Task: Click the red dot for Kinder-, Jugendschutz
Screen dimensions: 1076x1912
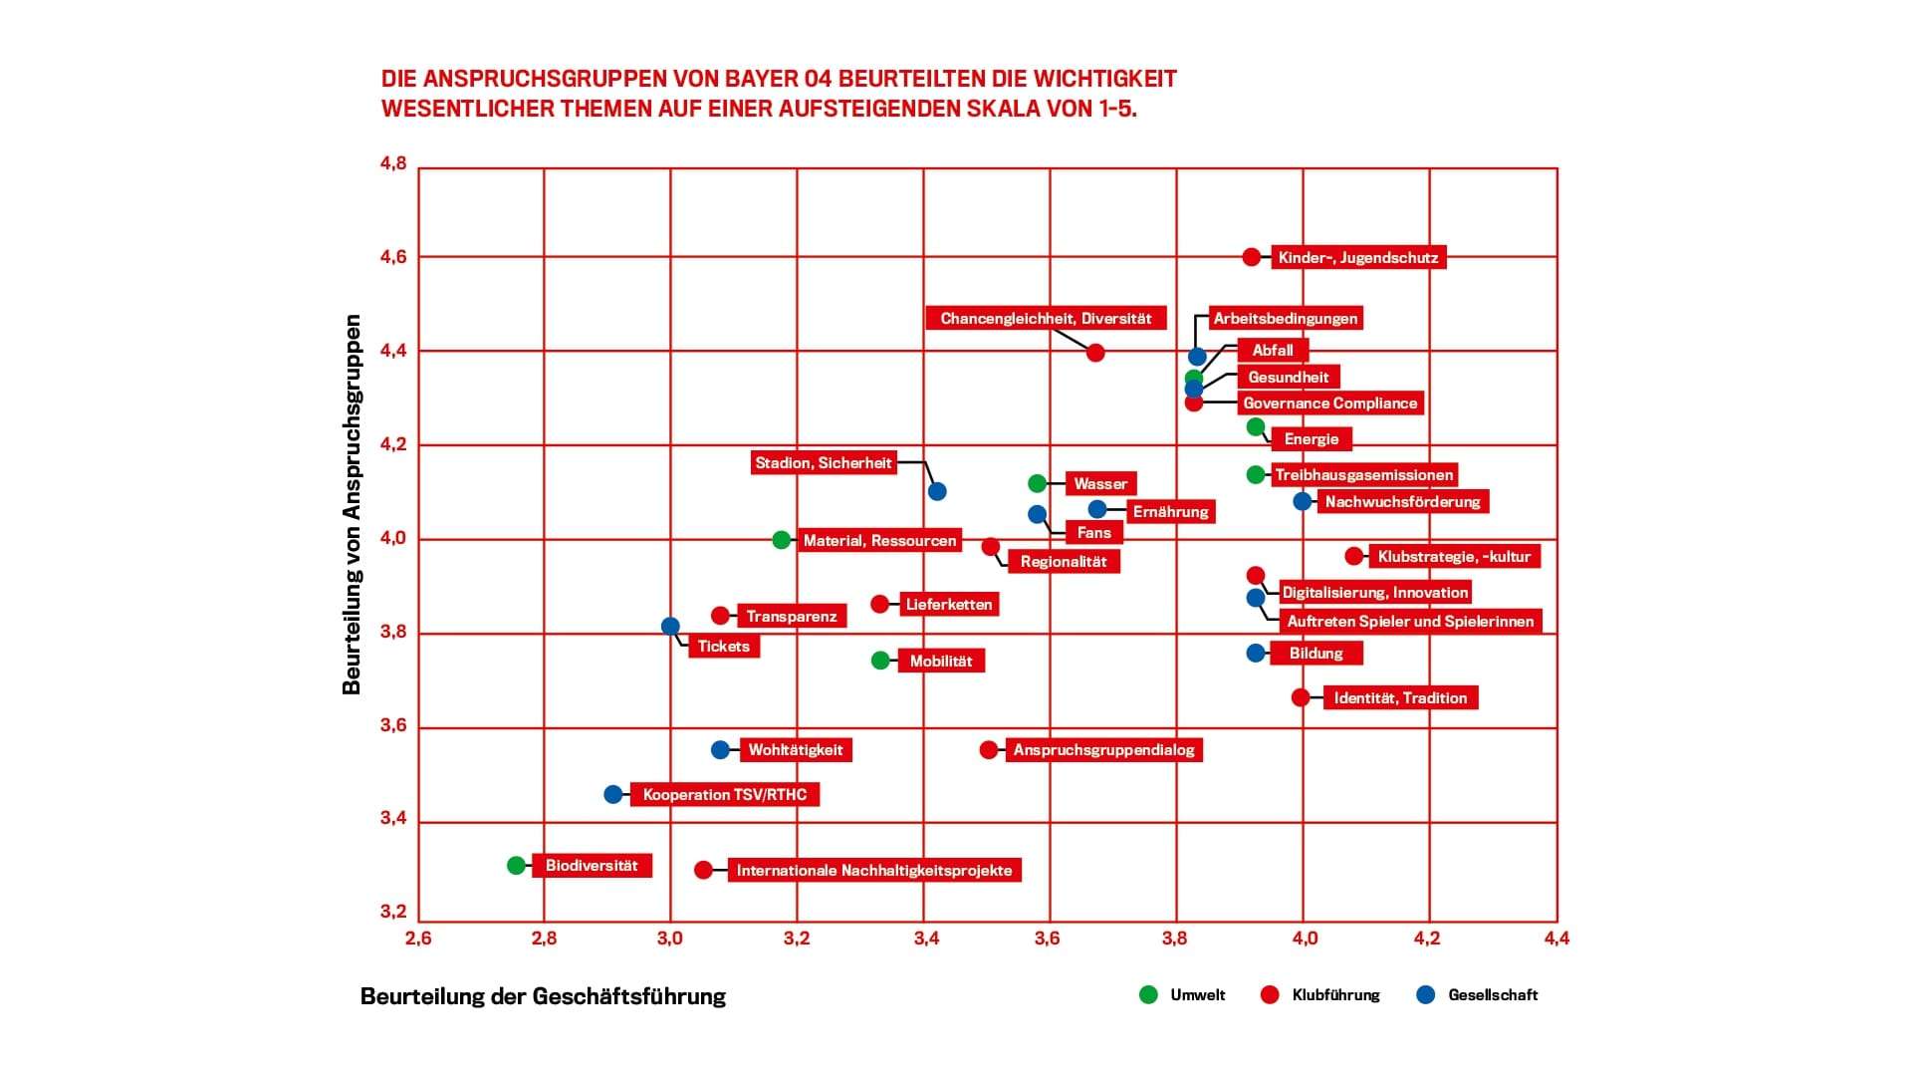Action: click(x=1252, y=257)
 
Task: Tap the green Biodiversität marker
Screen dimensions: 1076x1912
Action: click(x=516, y=866)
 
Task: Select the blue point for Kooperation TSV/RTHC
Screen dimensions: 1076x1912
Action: click(x=613, y=794)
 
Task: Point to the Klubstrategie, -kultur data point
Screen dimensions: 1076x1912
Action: click(x=1354, y=556)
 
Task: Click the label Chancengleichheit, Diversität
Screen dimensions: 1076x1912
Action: click(x=1046, y=319)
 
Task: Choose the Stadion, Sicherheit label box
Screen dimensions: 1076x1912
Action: click(x=824, y=463)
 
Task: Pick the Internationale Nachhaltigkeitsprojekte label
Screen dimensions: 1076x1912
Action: click(x=874, y=871)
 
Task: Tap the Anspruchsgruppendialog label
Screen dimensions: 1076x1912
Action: click(x=1103, y=750)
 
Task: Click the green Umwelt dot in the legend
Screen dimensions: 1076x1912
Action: click(x=1148, y=994)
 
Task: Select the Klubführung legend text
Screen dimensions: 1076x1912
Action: click(x=1335, y=995)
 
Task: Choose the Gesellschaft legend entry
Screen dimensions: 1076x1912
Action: click(x=1493, y=995)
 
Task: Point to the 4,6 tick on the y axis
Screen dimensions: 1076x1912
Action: click(x=393, y=257)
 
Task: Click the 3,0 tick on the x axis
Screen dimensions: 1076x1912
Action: click(x=670, y=938)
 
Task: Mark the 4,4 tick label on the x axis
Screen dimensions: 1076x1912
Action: click(x=1556, y=938)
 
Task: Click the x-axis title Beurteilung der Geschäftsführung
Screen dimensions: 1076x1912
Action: click(x=543, y=996)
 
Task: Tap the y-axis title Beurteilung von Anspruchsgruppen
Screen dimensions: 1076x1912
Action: click(x=352, y=504)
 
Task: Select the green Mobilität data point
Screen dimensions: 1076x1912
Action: click(x=880, y=661)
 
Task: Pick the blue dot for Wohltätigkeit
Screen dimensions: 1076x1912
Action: click(x=720, y=749)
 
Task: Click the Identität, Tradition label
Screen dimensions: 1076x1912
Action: click(x=1400, y=698)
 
